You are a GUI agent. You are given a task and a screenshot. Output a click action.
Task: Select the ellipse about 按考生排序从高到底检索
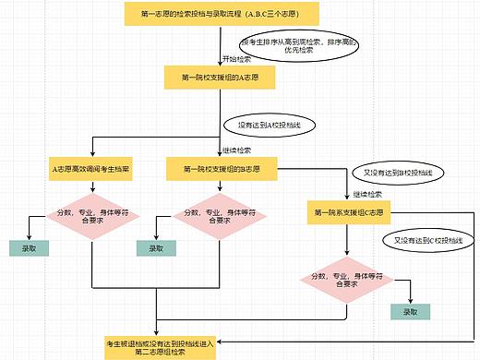pyautogui.click(x=298, y=47)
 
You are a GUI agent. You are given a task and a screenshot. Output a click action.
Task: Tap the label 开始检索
pyautogui.click(x=236, y=58)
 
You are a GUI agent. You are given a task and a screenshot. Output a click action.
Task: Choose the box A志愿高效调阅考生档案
pyautogui.click(x=91, y=169)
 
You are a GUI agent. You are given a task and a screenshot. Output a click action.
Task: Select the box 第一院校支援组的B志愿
pyautogui.click(x=219, y=169)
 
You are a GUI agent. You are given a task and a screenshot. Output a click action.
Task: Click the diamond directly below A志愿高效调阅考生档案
pyautogui.click(x=91, y=215)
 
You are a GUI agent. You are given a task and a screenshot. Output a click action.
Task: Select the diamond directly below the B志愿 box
pyautogui.click(x=219, y=215)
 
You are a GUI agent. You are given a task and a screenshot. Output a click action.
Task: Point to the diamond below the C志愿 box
pyautogui.click(x=345, y=278)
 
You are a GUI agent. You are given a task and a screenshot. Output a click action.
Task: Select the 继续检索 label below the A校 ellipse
pyautogui.click(x=236, y=150)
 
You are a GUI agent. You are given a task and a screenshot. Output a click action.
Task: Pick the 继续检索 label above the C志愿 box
pyautogui.click(x=366, y=195)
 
